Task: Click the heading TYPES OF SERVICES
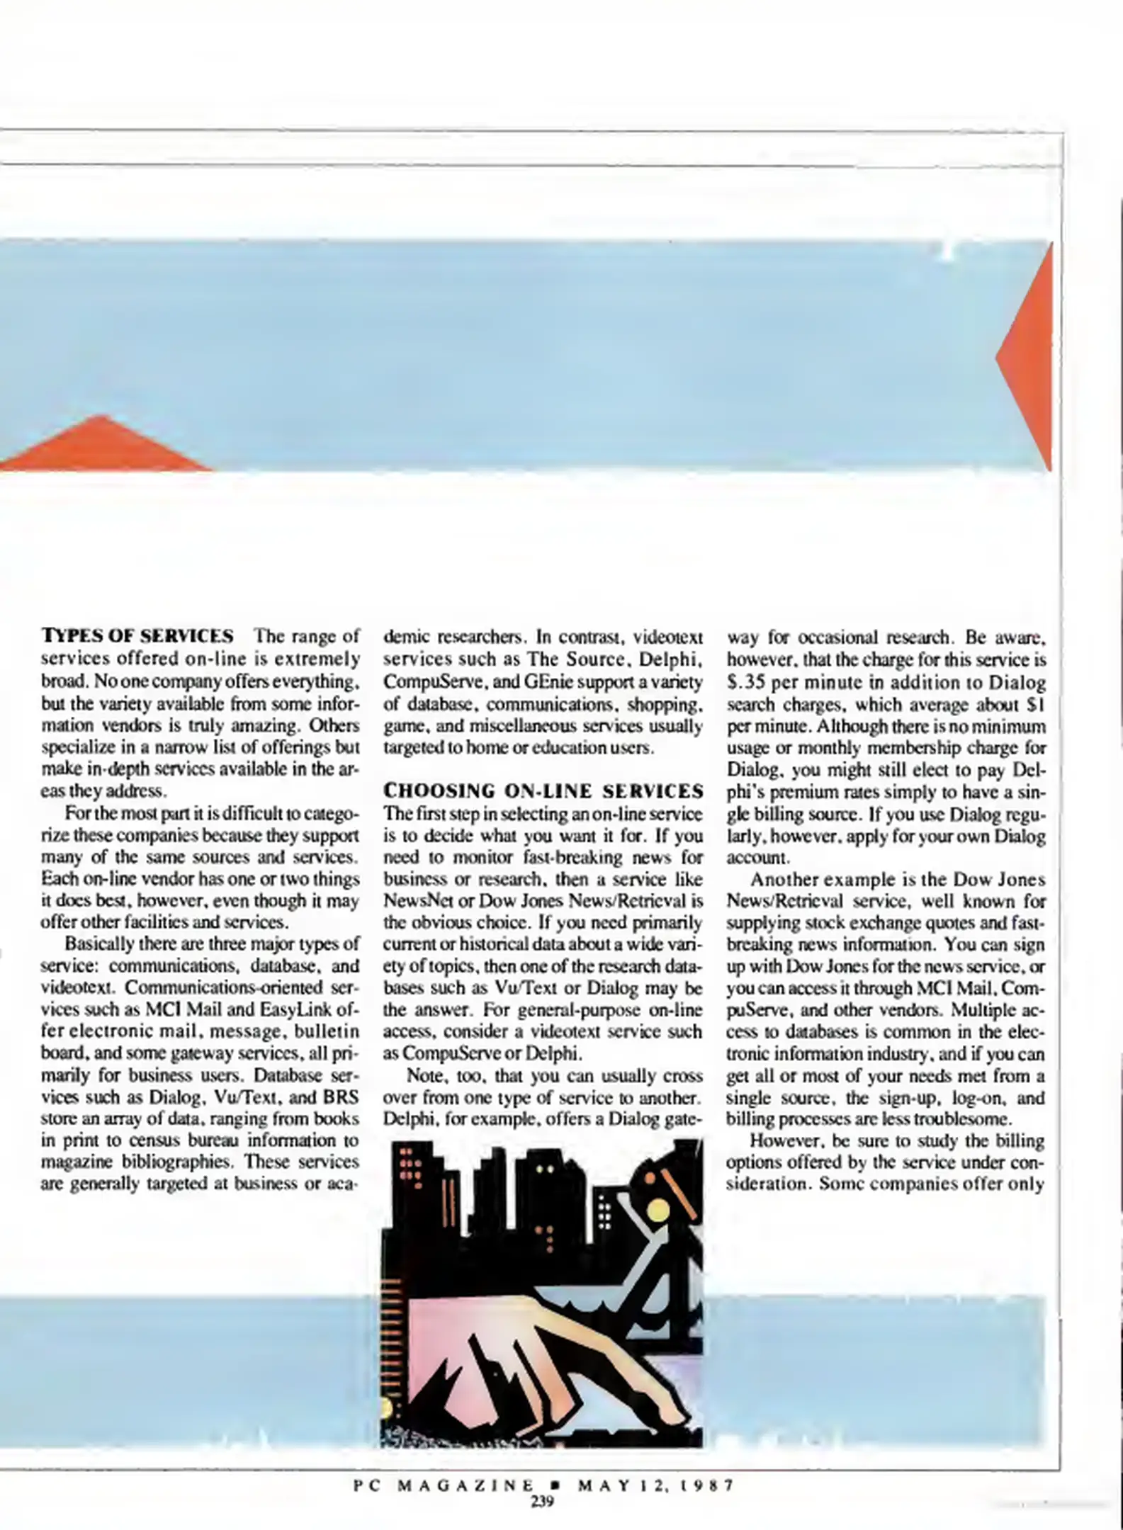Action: pos(137,635)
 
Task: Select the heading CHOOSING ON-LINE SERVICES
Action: pos(543,790)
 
